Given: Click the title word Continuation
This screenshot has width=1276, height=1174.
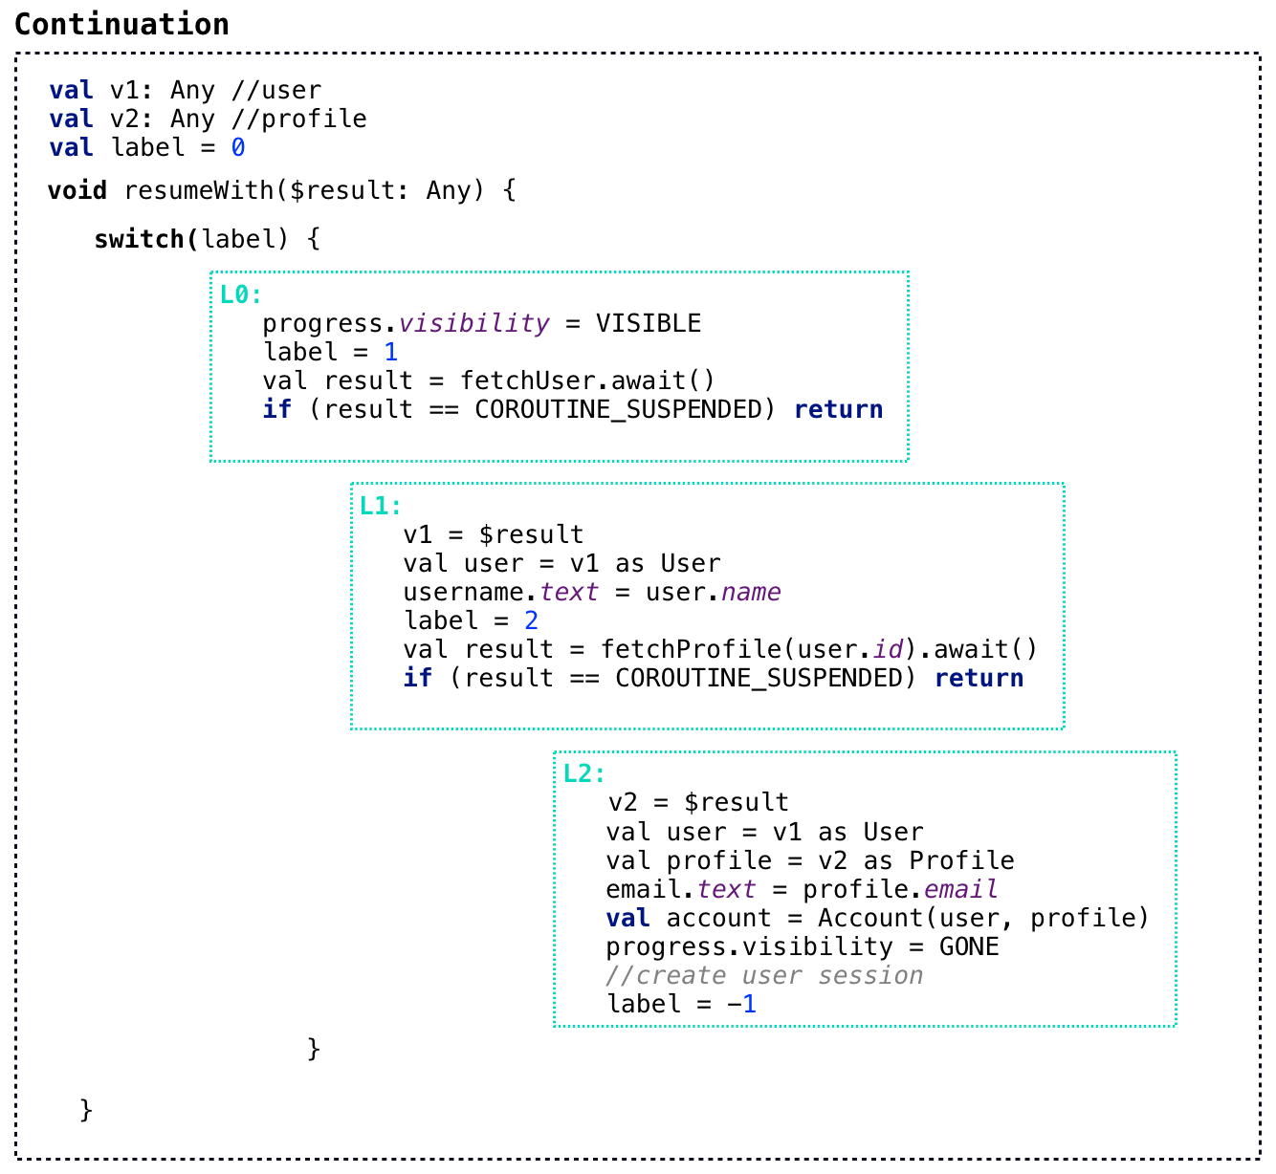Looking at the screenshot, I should coord(121,24).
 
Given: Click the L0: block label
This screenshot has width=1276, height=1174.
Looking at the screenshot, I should coord(240,294).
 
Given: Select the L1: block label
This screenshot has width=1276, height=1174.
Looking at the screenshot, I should coord(381,506).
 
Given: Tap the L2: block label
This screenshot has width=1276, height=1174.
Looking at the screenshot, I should coord(583,773).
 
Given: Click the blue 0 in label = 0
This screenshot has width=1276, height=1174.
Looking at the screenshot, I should coord(238,148).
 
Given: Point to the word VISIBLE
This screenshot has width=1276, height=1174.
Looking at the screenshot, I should coord(648,323).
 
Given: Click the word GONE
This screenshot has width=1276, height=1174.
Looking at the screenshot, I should coord(968,946).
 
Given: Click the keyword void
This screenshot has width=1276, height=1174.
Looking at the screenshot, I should coord(77,190).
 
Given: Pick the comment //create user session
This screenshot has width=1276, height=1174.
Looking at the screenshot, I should coord(764,975).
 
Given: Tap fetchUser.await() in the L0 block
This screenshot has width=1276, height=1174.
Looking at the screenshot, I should coord(587,380).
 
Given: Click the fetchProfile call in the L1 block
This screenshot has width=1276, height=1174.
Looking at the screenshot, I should coord(691,649).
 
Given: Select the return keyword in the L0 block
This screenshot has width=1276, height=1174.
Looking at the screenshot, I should coord(838,409).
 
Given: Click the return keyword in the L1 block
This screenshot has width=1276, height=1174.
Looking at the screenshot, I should coord(979,678).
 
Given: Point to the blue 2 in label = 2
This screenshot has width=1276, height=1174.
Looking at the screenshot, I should coord(532,620).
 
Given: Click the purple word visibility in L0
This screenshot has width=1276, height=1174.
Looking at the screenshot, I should coord(473,323).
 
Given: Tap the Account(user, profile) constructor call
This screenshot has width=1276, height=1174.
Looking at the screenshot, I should coord(982,918).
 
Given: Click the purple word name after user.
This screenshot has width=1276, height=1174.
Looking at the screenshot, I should coord(751,592).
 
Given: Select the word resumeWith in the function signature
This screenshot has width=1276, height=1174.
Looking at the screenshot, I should coord(199,190).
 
